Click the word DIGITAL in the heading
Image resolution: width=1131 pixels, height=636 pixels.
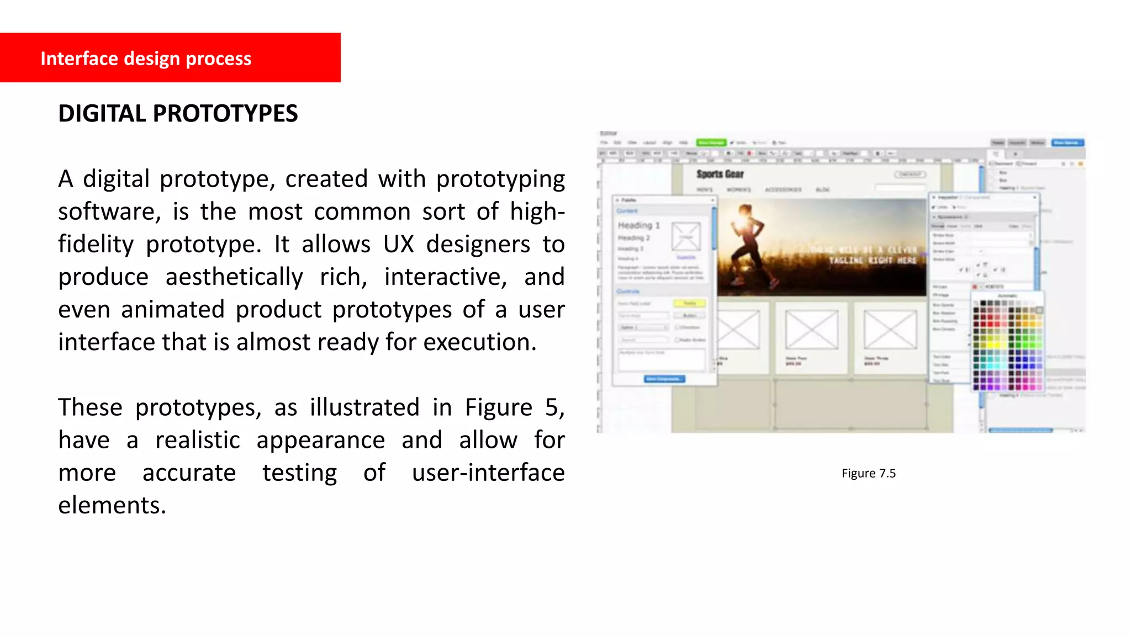click(x=102, y=114)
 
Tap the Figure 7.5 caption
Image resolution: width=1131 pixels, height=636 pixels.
click(x=868, y=473)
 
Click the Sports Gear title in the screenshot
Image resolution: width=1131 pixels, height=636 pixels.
click(x=720, y=174)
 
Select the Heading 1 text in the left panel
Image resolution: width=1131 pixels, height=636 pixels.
click(x=638, y=225)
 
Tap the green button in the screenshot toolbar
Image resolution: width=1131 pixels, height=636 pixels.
click(x=711, y=142)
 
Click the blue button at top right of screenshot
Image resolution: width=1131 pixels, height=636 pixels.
click(x=1066, y=143)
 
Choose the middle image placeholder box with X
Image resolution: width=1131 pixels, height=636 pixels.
click(x=812, y=330)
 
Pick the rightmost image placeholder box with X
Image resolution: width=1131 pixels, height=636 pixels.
click(x=890, y=330)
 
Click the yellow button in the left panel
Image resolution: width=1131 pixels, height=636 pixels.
click(x=690, y=303)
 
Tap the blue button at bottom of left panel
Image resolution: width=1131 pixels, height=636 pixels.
click(x=664, y=379)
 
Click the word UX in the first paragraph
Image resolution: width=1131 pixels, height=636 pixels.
click(x=399, y=244)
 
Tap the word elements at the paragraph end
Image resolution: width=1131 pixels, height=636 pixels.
click(x=112, y=505)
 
